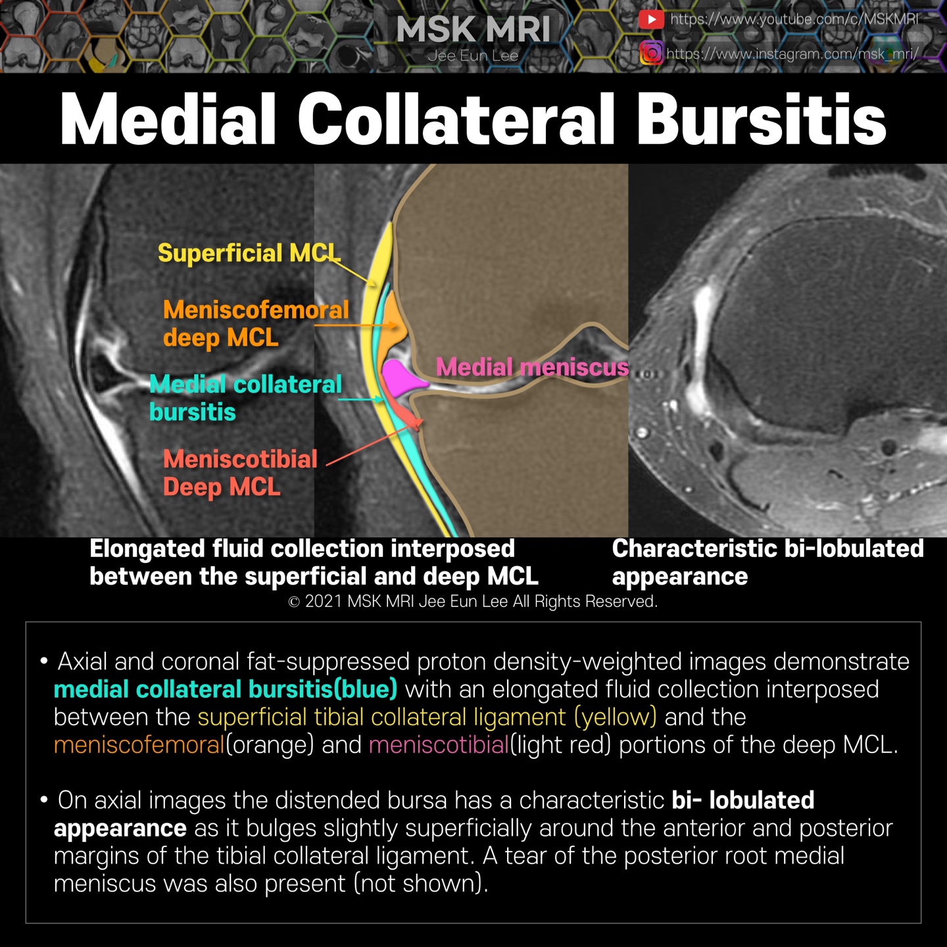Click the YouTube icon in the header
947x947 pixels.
[650, 20]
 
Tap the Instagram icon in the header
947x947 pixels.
[650, 53]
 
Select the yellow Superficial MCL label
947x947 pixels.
[249, 253]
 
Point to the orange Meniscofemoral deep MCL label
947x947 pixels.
[255, 324]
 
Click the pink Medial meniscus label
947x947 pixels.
[532, 367]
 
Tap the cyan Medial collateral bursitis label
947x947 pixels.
[245, 398]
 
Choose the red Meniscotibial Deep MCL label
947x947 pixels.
[240, 473]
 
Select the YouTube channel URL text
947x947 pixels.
[794, 19]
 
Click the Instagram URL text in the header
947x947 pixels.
[792, 53]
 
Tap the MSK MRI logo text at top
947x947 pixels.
[473, 30]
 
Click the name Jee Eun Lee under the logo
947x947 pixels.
[473, 56]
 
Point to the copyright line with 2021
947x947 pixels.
[473, 601]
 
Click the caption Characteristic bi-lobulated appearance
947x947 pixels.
[767, 562]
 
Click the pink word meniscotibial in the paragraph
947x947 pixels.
[439, 744]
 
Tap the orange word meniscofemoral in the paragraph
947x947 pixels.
[139, 744]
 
